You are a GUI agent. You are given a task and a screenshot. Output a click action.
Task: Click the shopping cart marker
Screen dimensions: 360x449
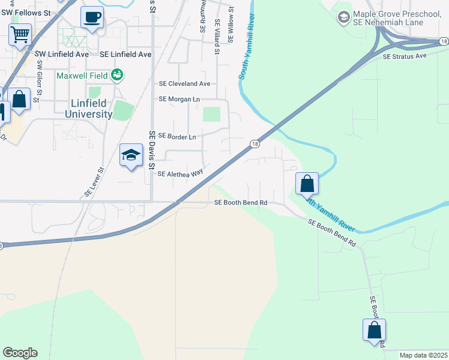coord(20,35)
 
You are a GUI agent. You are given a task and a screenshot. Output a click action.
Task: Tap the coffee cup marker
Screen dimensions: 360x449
coord(92,18)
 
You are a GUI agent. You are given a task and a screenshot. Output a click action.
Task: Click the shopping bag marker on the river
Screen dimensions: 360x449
coord(307,184)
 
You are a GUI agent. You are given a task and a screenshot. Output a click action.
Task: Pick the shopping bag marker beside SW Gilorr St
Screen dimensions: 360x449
coord(19,100)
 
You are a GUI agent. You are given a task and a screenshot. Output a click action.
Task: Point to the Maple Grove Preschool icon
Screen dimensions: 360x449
coord(344,17)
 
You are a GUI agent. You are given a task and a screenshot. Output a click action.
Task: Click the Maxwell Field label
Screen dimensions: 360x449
coord(82,76)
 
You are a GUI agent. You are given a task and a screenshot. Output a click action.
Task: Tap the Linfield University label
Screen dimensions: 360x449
coord(88,109)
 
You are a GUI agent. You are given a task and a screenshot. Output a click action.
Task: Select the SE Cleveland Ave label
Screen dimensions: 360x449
coord(184,84)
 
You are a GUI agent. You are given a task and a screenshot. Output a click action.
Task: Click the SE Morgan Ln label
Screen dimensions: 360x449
coord(179,99)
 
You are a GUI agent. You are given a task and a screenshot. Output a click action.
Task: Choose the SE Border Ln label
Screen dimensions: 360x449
coord(177,137)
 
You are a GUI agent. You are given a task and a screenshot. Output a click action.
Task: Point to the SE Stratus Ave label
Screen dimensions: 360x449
coord(404,56)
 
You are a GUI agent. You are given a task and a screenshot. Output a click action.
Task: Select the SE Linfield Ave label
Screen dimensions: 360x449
coord(126,54)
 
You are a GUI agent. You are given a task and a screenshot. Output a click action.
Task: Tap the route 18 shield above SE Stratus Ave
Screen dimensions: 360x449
coord(443,41)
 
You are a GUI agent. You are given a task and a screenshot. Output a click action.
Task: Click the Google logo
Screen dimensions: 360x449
coord(20,353)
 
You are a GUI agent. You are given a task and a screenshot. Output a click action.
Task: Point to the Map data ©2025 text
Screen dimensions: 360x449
coord(423,355)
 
